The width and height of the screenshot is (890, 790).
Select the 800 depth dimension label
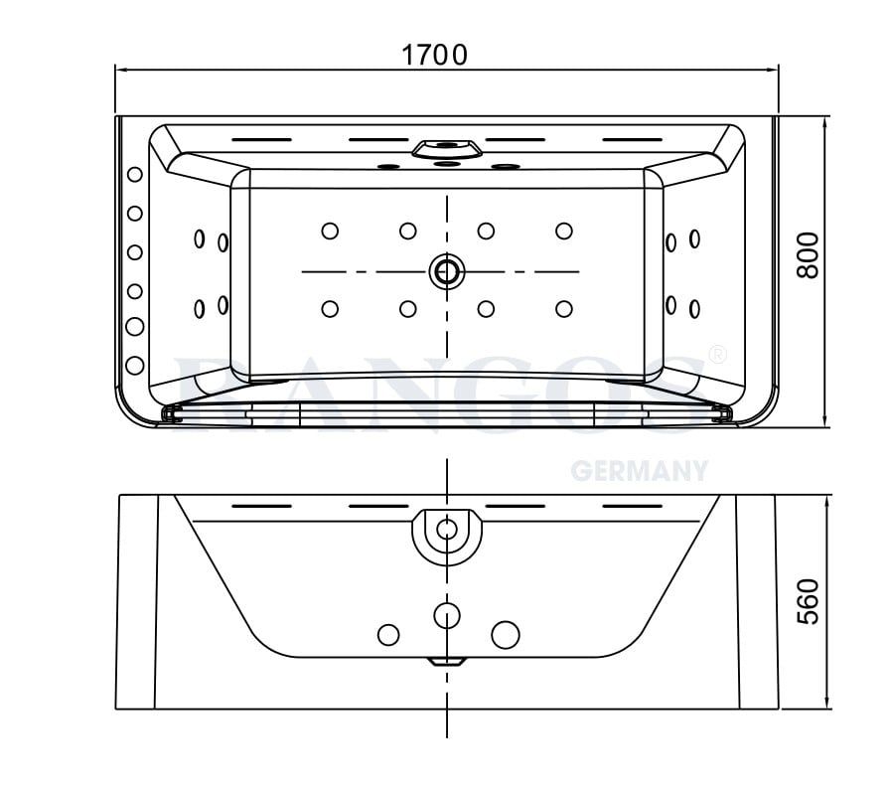pos(809,254)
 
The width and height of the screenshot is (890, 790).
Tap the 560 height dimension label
pos(809,601)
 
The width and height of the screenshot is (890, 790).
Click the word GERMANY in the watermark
pos(639,470)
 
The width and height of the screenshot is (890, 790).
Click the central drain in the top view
pos(446,270)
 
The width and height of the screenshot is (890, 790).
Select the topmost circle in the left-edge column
pos(134,175)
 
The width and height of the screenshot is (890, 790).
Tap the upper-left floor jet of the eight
pos(330,231)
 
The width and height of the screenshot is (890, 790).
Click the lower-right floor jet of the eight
pos(564,309)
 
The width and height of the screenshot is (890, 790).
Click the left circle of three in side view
pos(388,633)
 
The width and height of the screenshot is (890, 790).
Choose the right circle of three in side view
pos(506,633)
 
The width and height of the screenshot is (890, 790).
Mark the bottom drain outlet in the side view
pos(447,660)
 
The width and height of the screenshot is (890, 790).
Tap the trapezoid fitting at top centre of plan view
pos(447,149)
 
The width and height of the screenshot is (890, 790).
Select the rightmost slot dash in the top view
pos(632,139)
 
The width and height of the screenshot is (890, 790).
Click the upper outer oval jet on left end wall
pos(199,238)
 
